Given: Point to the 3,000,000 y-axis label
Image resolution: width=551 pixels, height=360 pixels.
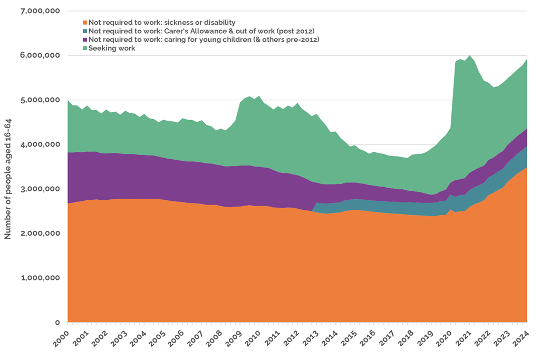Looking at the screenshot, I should [40, 189].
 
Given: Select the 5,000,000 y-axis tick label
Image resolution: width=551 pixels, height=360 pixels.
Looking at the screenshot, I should [40, 100].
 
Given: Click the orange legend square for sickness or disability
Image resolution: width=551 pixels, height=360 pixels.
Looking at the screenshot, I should [84, 23].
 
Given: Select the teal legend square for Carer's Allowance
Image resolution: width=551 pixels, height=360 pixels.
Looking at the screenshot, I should [84, 31].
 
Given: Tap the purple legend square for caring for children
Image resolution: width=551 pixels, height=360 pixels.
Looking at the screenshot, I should [84, 40].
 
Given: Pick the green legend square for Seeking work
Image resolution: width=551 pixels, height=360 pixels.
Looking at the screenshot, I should [84, 48].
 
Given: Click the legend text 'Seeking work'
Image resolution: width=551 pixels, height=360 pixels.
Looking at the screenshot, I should [112, 48].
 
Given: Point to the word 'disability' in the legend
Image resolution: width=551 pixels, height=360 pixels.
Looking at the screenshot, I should [217, 23].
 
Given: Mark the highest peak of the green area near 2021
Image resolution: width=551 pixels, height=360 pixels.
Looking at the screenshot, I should [469, 55].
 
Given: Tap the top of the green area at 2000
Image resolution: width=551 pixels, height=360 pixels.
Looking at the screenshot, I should [68, 100].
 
